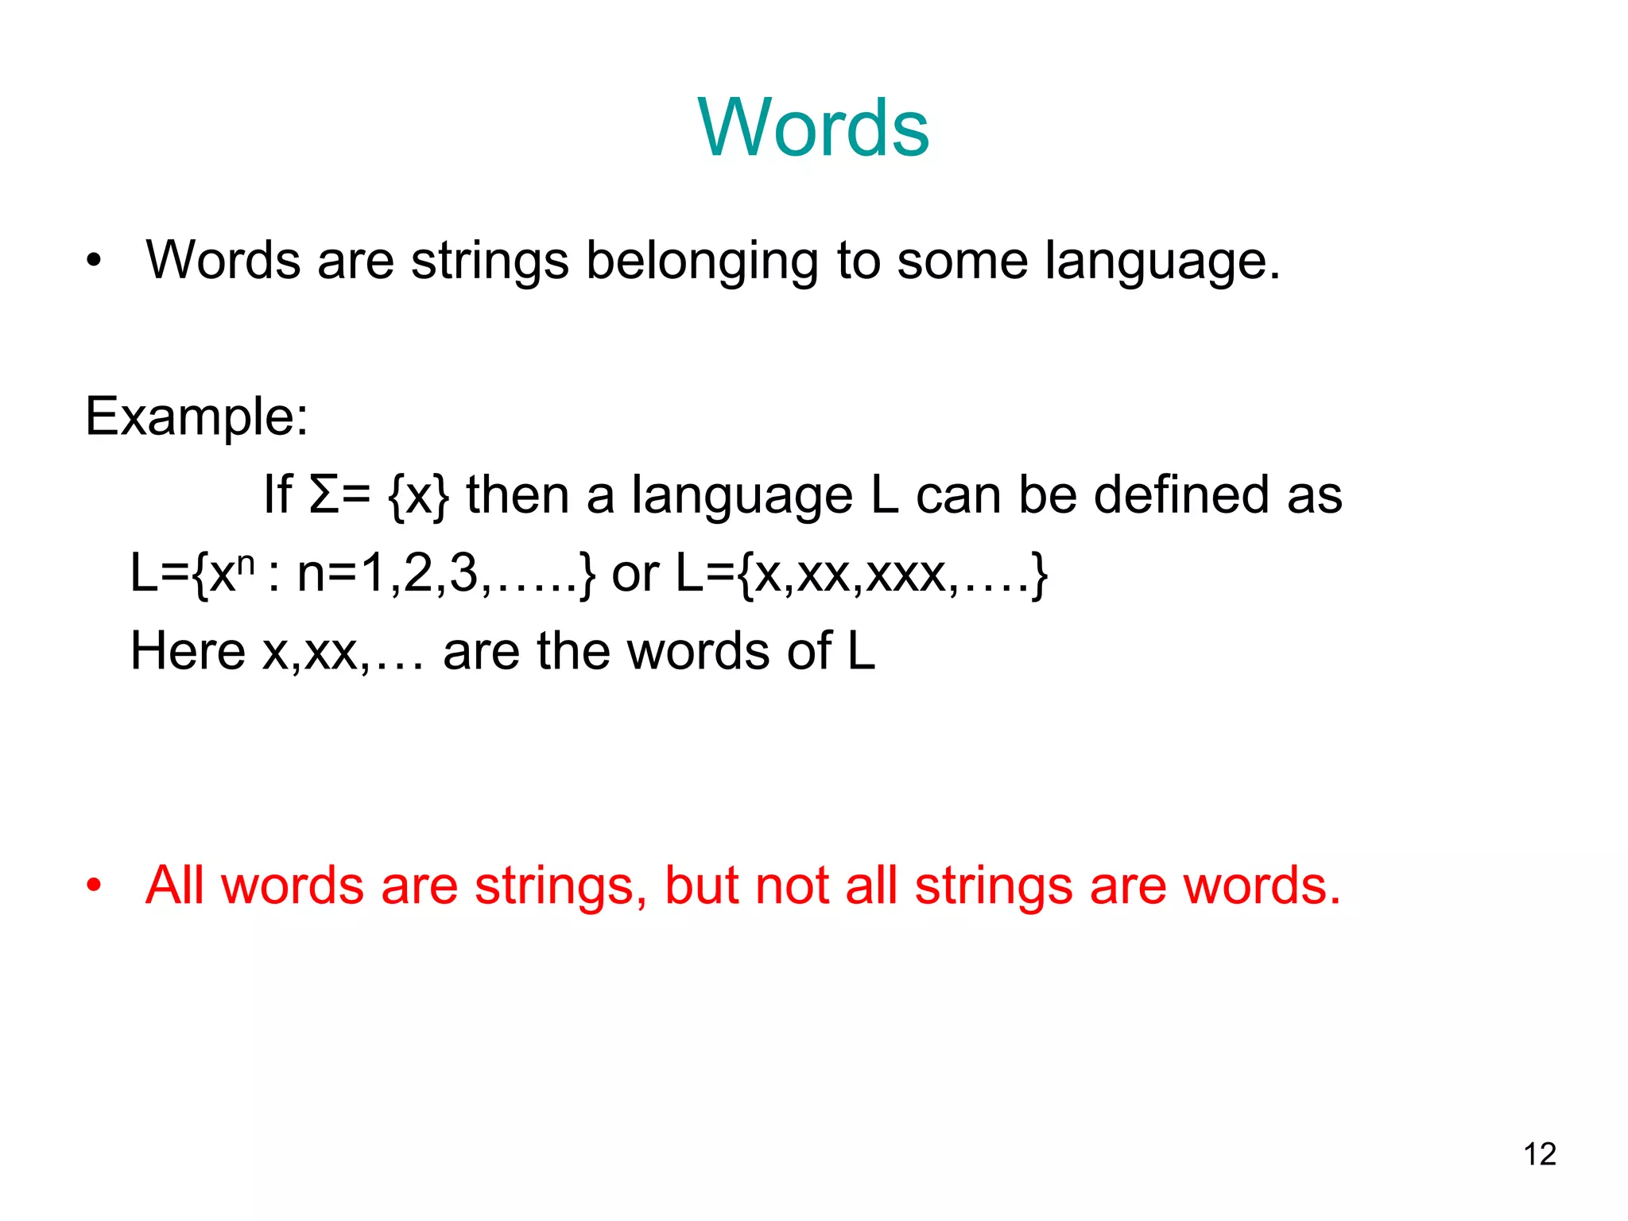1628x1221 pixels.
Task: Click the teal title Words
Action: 814,128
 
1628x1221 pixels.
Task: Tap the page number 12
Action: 1540,1154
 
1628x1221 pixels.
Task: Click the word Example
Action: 196,416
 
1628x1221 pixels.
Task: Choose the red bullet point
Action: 95,886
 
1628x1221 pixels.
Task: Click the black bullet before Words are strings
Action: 95,261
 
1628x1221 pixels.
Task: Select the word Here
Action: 188,651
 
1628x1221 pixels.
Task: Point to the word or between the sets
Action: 635,573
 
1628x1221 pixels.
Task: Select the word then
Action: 517,494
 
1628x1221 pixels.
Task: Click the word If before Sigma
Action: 277,494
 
